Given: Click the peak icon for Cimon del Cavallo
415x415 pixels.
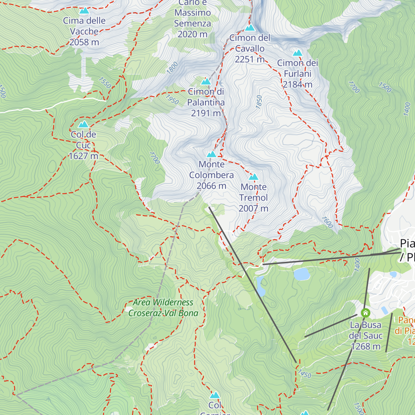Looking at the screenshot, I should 250,28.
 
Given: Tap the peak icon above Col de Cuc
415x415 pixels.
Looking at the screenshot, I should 83,124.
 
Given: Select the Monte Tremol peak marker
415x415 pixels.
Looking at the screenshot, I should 253,177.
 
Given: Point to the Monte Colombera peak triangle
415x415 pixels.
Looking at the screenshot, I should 212,154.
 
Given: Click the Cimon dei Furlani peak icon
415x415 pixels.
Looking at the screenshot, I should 297,53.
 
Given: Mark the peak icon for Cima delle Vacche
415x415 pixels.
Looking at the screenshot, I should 84,11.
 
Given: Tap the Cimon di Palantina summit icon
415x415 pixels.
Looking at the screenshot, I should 206,82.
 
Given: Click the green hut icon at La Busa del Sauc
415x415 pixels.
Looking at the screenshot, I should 365,313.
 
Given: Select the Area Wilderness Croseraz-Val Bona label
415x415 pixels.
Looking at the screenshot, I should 163,308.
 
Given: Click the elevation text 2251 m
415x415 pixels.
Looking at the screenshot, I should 249,59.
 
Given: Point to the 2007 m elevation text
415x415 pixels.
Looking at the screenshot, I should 253,209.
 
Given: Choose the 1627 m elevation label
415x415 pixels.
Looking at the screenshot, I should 83,156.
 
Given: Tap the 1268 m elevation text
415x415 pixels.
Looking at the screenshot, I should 366,347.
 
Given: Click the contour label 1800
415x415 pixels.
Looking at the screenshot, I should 172,68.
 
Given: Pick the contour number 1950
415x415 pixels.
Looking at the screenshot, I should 172,99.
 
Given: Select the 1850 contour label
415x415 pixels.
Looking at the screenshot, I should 259,102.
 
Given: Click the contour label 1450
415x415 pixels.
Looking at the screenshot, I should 305,374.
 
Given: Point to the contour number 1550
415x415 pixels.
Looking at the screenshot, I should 105,83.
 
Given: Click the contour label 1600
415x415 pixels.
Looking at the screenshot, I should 327,222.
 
